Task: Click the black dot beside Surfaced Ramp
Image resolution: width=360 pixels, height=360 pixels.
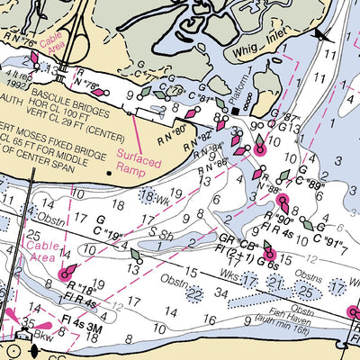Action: point(110,170)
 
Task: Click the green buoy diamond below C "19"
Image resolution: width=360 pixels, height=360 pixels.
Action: point(136,255)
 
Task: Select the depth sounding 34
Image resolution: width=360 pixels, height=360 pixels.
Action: point(220,293)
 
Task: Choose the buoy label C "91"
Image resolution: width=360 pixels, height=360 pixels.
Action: point(328,241)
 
